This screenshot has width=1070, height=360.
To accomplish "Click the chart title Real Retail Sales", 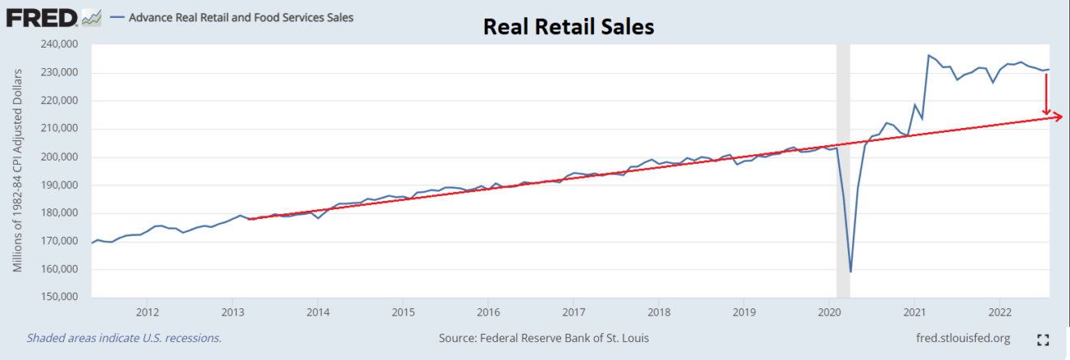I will [568, 27].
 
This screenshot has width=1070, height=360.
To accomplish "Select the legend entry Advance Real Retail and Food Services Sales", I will [240, 17].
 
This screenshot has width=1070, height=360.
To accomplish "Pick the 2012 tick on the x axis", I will [147, 312].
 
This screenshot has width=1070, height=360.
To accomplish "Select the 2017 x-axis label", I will [573, 312].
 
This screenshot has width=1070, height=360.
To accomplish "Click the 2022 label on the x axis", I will [999, 312].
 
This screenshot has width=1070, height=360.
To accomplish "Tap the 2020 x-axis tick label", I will [829, 312].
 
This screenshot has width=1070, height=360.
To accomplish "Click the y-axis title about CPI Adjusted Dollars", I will [17, 171].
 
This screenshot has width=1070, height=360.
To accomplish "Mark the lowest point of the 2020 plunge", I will [850, 272].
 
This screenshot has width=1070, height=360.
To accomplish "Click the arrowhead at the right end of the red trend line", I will [1059, 118].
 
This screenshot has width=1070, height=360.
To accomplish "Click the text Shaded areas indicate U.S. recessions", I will [124, 338].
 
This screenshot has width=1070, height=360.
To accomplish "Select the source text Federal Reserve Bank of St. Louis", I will [543, 338].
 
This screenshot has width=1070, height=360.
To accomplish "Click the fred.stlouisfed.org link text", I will [962, 338].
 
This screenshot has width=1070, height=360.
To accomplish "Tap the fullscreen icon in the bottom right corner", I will [1043, 339].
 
